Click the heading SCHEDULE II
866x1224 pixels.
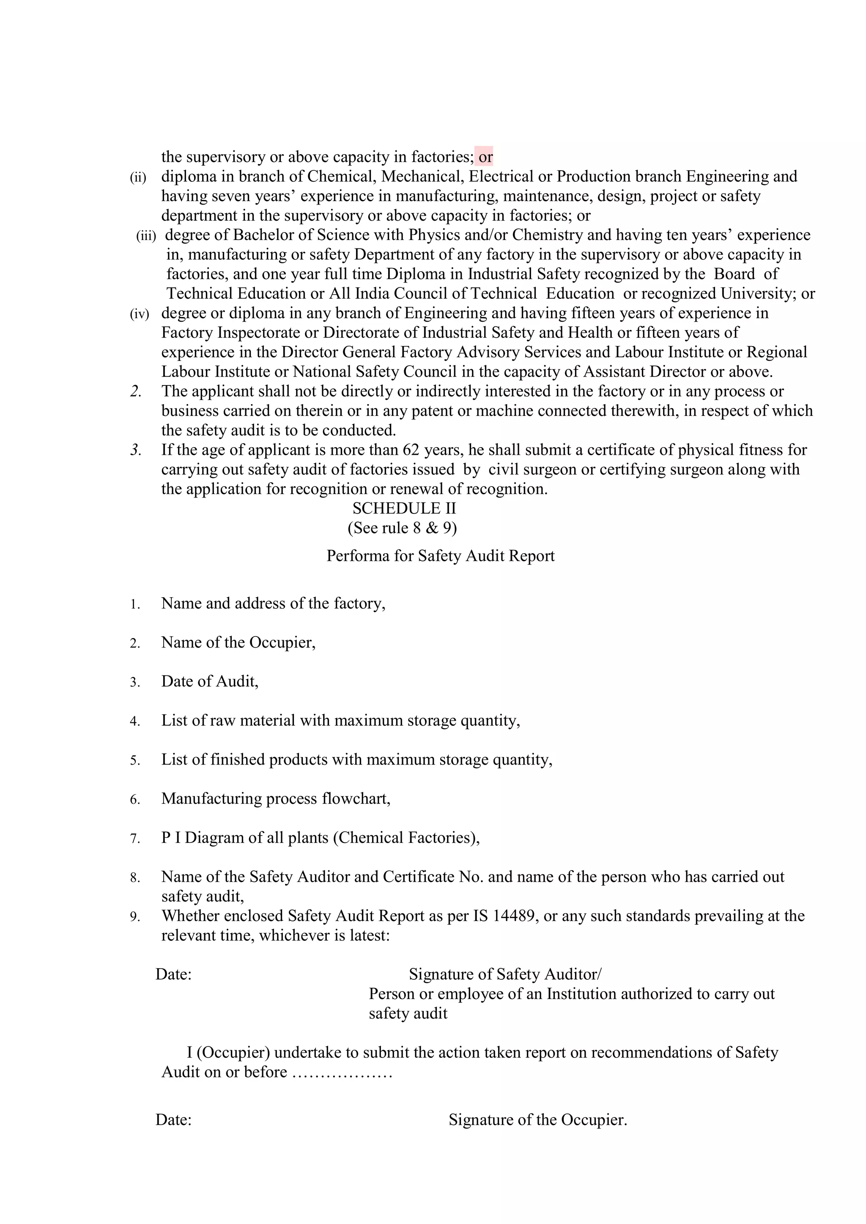404,508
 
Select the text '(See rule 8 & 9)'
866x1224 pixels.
402,528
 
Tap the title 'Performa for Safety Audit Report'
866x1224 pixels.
441,556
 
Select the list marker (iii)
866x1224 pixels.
146,236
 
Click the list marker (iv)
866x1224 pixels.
140,314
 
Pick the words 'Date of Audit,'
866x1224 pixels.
210,681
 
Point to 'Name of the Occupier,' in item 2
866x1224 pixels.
238,642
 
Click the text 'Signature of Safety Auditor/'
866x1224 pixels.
505,975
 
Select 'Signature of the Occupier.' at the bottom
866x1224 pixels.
537,1120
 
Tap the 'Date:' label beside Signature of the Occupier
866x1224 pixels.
173,1120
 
